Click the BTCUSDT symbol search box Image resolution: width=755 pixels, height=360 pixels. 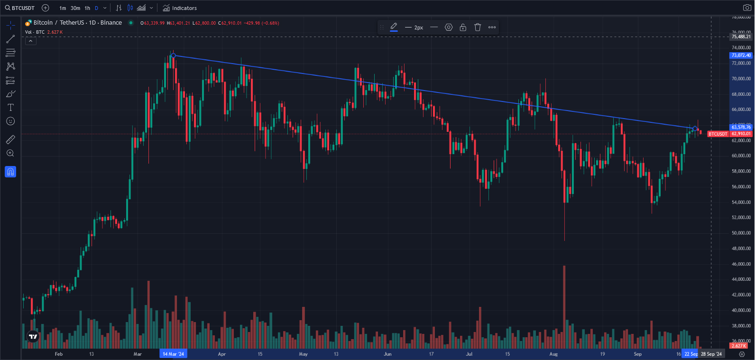tap(20, 8)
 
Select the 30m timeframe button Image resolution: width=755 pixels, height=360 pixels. tap(75, 8)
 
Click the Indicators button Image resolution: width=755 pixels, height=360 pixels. tap(180, 8)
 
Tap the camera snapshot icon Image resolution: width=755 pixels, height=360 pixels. tap(746, 8)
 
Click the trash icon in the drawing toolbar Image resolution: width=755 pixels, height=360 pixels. tap(478, 28)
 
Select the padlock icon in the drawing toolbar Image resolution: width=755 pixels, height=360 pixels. tap(463, 28)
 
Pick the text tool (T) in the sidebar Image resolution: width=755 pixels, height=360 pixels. tap(10, 108)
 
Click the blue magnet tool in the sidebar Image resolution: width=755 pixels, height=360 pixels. tap(10, 172)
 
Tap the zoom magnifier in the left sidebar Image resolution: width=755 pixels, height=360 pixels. tap(10, 153)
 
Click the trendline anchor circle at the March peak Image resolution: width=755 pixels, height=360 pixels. tap(173, 55)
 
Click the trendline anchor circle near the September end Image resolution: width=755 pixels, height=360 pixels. tap(695, 129)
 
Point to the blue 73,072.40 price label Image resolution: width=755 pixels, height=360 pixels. tap(741, 55)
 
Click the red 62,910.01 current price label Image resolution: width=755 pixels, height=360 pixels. tap(741, 134)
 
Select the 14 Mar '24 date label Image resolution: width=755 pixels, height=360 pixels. tap(173, 354)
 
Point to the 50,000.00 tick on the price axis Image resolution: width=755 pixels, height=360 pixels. tap(741, 233)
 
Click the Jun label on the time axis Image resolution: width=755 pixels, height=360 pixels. tap(387, 354)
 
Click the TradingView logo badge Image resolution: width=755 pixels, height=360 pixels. tap(33, 337)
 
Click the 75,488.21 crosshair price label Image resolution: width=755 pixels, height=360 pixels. tap(741, 37)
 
